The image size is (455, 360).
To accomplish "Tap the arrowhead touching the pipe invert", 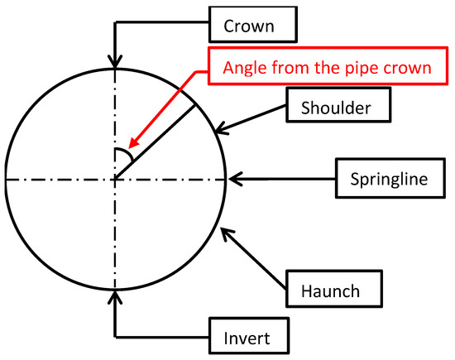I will tap(115, 295).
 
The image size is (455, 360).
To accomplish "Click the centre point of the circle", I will tap(115, 178).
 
